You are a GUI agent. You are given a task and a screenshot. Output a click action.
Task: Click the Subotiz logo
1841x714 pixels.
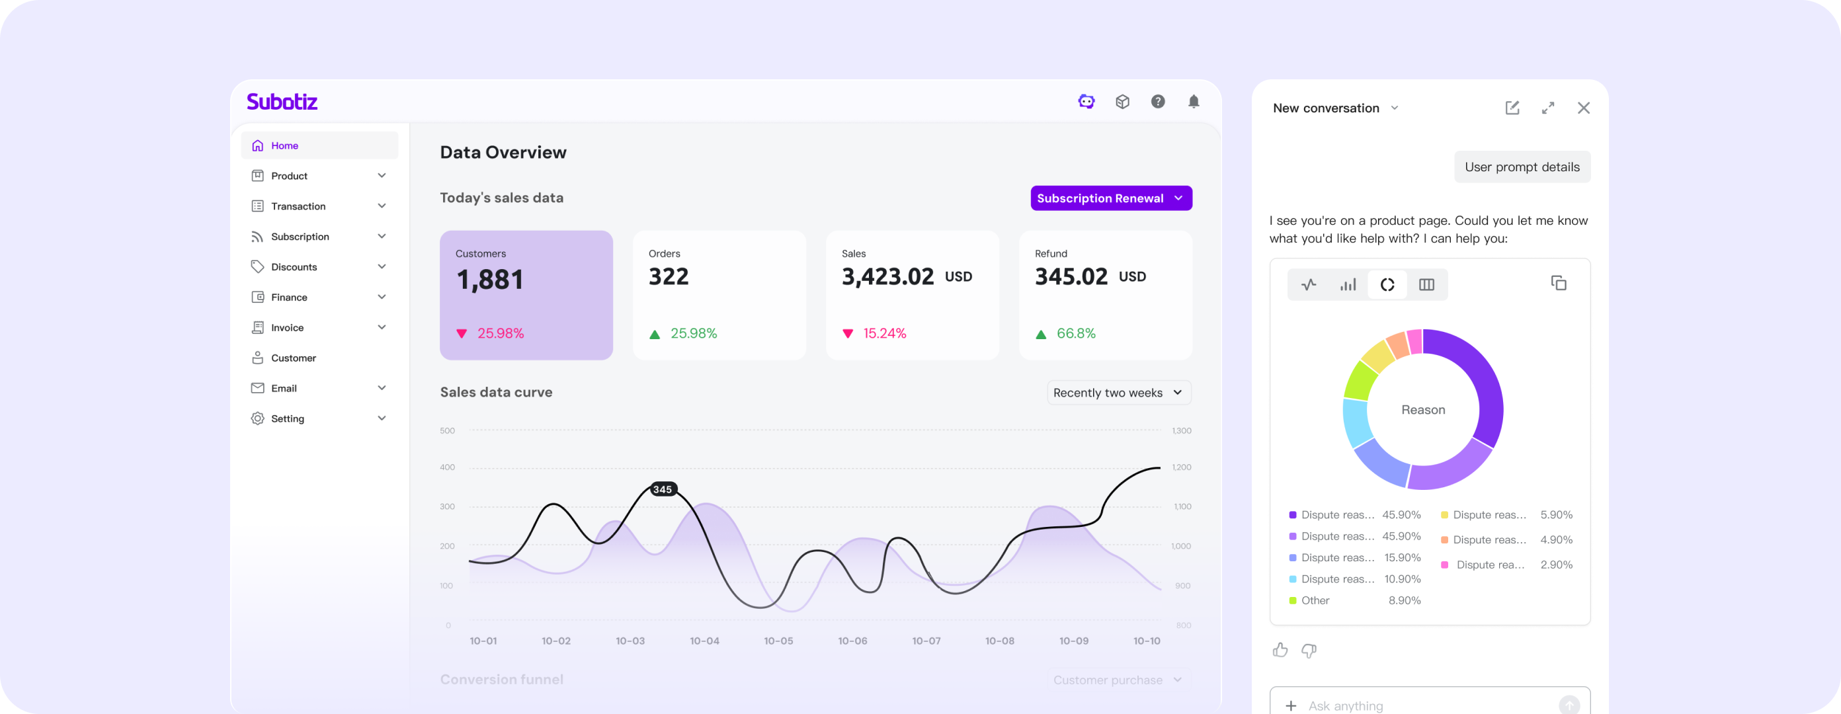pyautogui.click(x=282, y=102)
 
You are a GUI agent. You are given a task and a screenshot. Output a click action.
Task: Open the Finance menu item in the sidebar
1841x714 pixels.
pyautogui.click(x=289, y=297)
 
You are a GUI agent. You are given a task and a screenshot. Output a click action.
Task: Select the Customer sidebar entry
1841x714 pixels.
pyautogui.click(x=293, y=358)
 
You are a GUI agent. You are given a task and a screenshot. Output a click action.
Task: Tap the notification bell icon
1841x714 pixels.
pyautogui.click(x=1194, y=102)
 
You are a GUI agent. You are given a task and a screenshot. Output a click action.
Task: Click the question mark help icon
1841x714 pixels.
pyautogui.click(x=1158, y=102)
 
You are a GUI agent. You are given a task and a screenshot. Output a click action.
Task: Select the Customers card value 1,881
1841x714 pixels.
pyautogui.click(x=490, y=280)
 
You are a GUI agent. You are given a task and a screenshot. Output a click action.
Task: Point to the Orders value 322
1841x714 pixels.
pyautogui.click(x=668, y=276)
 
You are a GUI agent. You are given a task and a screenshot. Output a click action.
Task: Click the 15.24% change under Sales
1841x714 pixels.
pyautogui.click(x=884, y=334)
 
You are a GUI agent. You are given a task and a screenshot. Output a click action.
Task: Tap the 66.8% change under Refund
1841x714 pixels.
pyautogui.click(x=1076, y=334)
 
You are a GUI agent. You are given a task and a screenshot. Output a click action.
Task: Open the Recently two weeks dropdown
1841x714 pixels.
pyautogui.click(x=1118, y=393)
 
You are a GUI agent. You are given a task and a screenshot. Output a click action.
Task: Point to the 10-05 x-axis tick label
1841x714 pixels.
pyautogui.click(x=778, y=641)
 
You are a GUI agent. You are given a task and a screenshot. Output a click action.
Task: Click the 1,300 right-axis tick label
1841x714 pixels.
pyautogui.click(x=1181, y=431)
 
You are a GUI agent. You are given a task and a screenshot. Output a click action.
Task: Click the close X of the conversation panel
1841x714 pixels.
pyautogui.click(x=1584, y=108)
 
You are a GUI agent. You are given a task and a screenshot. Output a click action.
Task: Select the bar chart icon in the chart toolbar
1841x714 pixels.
pyautogui.click(x=1348, y=285)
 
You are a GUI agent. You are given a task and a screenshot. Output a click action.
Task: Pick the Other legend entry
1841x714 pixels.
pyautogui.click(x=1315, y=601)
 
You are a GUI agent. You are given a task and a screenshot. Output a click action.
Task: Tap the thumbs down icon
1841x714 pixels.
pyautogui.click(x=1309, y=651)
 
